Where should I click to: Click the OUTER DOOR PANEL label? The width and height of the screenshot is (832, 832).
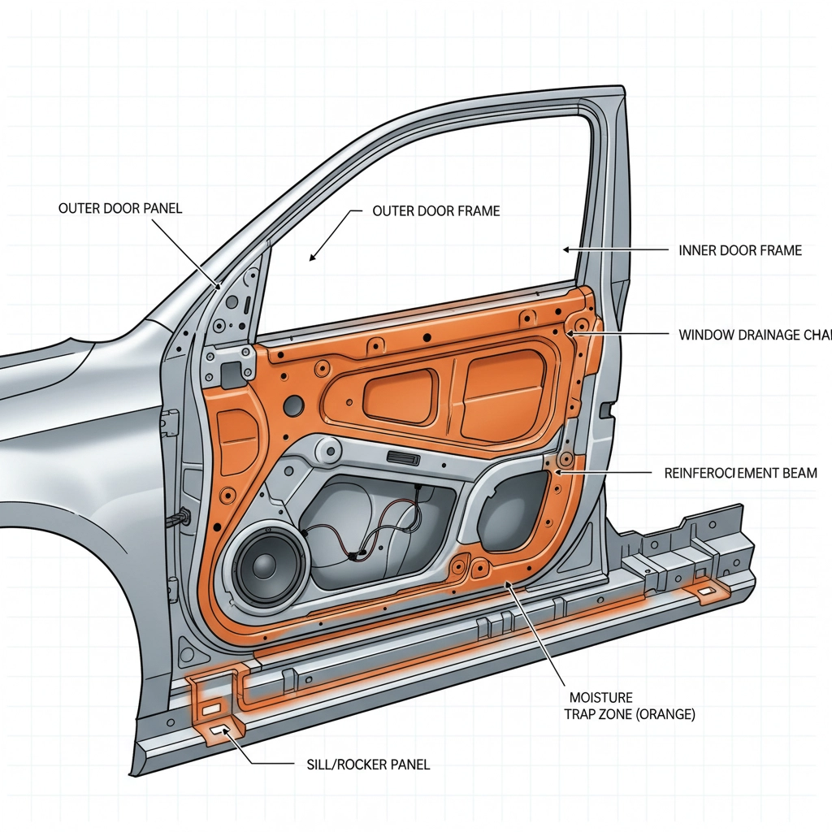coord(120,208)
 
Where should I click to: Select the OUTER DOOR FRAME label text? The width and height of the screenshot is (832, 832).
coord(435,210)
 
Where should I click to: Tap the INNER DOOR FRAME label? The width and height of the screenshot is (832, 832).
coord(739,250)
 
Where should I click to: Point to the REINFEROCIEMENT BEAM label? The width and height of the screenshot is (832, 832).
coord(740,472)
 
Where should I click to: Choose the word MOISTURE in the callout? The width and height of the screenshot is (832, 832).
coord(600,697)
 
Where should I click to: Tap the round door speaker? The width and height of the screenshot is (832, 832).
coord(268,563)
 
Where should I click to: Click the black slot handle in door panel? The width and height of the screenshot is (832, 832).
coord(402,457)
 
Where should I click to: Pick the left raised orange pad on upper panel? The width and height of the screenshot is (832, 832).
coord(399,392)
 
